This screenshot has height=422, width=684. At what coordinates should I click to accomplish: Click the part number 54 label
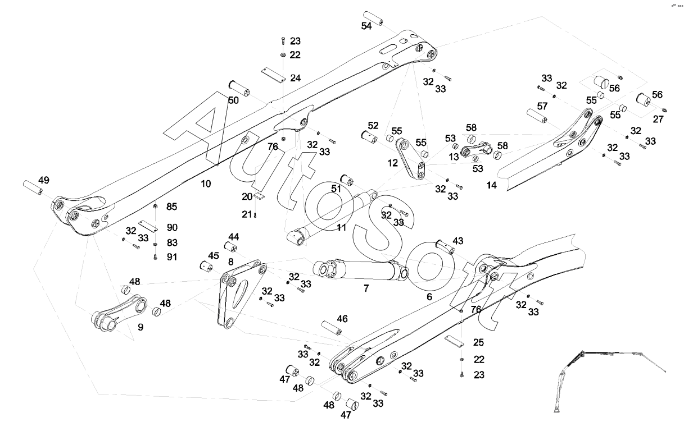pos(366,26)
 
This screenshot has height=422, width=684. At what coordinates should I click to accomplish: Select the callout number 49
pos(43,180)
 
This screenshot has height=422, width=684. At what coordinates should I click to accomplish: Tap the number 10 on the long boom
pos(206,184)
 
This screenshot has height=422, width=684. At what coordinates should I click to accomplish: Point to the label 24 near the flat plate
pos(296,78)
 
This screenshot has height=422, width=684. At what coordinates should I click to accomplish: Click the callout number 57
pos(542,106)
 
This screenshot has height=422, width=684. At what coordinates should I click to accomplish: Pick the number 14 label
pos(492,185)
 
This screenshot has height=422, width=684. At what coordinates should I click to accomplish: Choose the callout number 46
pos(342,319)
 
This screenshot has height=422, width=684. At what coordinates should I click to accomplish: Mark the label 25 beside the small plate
pos(478,342)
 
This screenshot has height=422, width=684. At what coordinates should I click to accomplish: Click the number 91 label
pos(172,257)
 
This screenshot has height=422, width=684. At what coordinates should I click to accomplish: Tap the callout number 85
pos(172,207)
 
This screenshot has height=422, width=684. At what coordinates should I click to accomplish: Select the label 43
pos(458,241)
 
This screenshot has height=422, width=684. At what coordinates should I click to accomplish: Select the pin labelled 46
pos(332,329)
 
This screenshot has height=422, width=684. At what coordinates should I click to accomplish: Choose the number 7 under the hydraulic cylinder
pos(366,288)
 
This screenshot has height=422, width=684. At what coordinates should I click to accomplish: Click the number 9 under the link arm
pos(141,326)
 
